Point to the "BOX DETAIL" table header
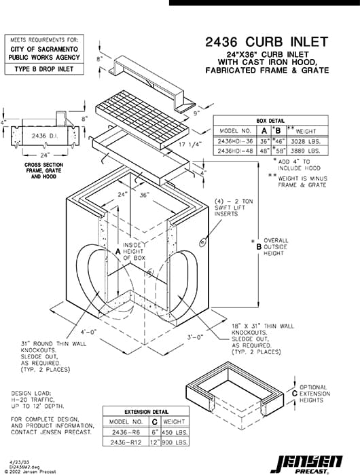tap(271, 119)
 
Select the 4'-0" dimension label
tap(71, 332)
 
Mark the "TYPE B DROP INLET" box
tap(46, 69)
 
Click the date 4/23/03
tap(18, 461)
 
